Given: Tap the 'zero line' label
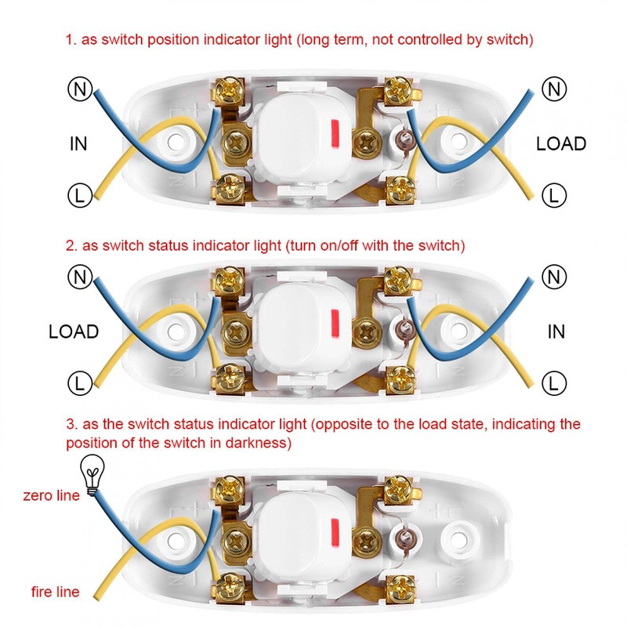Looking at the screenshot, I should (x=51, y=495).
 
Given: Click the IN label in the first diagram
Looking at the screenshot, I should (x=78, y=144).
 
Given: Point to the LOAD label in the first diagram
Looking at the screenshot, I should (x=560, y=144).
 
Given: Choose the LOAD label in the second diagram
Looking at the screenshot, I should (x=74, y=332).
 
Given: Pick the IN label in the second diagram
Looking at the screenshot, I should (x=556, y=332).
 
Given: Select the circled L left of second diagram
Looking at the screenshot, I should (x=79, y=382).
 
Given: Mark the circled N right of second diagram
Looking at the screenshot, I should (x=554, y=277).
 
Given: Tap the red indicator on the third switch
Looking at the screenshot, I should (x=335, y=531).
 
